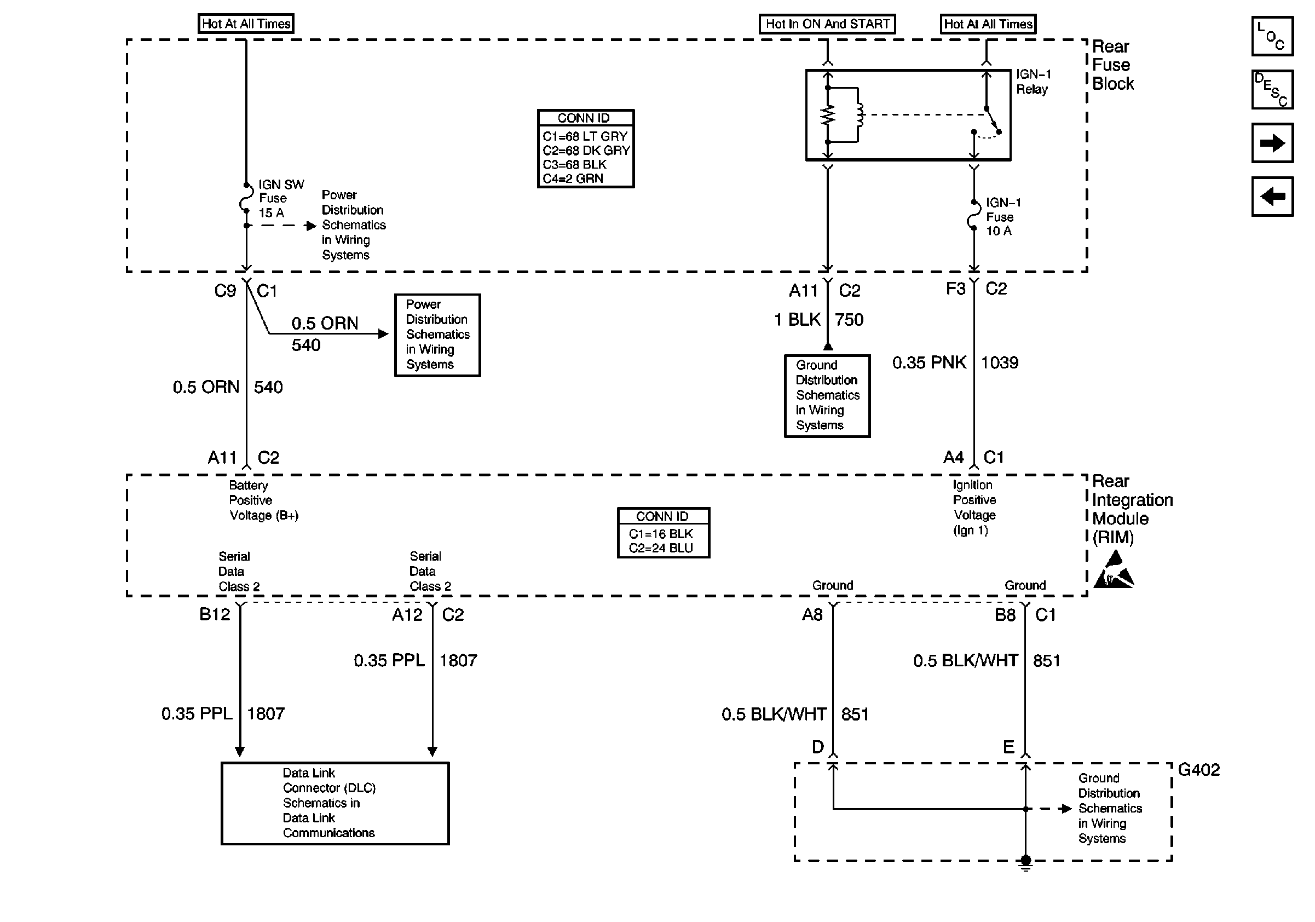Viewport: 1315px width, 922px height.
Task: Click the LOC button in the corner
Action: [x=1272, y=36]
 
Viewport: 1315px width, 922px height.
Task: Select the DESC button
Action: [x=1272, y=89]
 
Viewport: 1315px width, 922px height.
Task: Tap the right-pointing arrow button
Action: [x=1272, y=142]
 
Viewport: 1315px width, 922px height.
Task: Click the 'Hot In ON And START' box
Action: [x=827, y=24]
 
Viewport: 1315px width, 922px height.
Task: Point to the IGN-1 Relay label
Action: [x=1033, y=82]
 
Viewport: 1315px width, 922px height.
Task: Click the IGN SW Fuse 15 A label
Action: [x=280, y=198]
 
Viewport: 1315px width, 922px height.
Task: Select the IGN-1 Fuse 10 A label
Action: [x=1003, y=217]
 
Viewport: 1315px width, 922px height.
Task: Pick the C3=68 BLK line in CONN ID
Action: [x=574, y=164]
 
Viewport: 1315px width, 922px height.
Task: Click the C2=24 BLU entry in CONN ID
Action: [x=660, y=548]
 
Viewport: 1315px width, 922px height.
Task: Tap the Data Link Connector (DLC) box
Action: [x=335, y=803]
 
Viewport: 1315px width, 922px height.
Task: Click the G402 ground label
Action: [x=1198, y=770]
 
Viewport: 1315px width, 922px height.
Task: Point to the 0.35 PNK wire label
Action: [x=929, y=362]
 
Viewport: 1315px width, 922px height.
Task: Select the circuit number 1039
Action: [x=1000, y=362]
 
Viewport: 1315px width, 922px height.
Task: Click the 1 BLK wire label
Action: [x=797, y=320]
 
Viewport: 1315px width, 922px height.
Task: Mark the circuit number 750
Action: [x=849, y=320]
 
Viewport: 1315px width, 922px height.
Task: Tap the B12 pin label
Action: [x=215, y=614]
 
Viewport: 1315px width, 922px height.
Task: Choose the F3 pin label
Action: [x=955, y=289]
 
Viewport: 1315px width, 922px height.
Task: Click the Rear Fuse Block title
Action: [x=1112, y=65]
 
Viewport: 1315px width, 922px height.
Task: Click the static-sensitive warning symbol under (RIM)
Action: [x=1114, y=571]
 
